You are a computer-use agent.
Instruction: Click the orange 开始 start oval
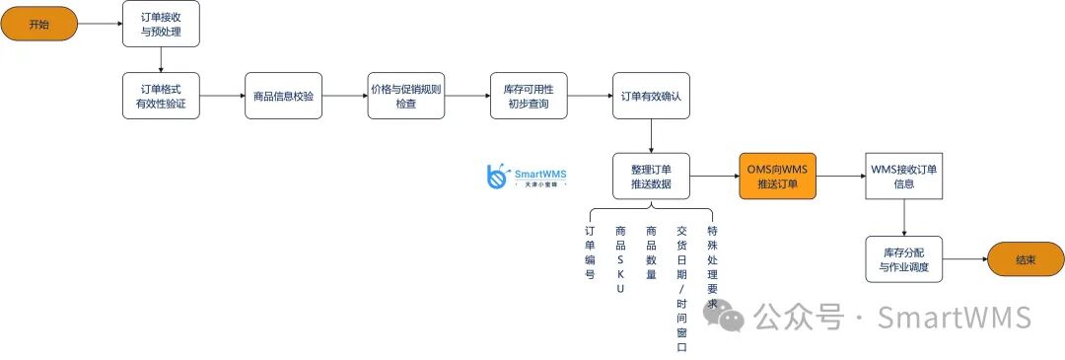(x=38, y=24)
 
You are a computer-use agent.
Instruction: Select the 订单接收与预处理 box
(x=161, y=24)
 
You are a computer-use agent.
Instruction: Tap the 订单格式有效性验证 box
(x=161, y=96)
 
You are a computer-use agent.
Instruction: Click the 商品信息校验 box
(x=283, y=96)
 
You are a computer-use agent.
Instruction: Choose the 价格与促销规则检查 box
(x=405, y=96)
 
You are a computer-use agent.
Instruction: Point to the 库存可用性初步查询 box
(x=529, y=96)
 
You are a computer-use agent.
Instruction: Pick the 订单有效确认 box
(x=651, y=96)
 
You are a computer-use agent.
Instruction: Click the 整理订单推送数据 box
(x=651, y=176)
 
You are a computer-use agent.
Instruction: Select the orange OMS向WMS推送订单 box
(x=778, y=176)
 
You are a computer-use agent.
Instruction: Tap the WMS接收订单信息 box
(x=904, y=176)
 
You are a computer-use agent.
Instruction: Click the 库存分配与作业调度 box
(x=904, y=258)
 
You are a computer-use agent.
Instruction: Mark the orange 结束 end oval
(x=1026, y=259)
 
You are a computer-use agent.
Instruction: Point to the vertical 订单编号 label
(x=590, y=252)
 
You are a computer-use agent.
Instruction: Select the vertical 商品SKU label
(x=620, y=259)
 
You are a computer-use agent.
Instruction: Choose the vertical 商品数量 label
(x=651, y=252)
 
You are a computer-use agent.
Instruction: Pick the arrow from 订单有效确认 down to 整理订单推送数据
(x=651, y=135)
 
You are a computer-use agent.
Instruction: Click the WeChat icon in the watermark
(x=724, y=316)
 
